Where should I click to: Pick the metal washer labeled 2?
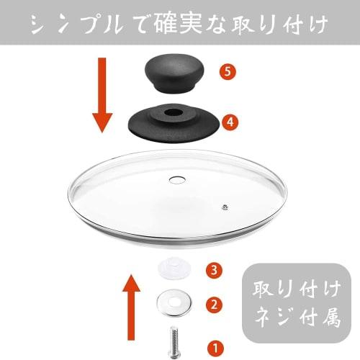[173, 302]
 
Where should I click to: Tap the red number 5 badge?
[228, 72]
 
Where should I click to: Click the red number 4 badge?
[229, 123]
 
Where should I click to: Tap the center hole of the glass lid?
[178, 178]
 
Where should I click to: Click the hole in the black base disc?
[175, 114]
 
